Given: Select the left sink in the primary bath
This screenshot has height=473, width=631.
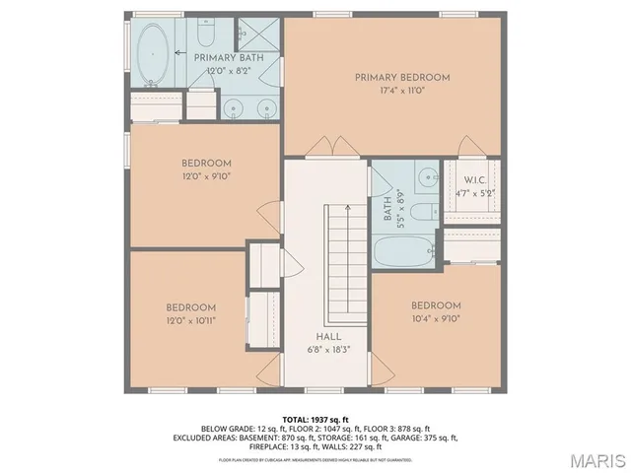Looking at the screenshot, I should [233, 108].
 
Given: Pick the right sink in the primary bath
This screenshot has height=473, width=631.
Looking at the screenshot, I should [264, 108].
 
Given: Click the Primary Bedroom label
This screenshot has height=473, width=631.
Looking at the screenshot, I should [401, 77].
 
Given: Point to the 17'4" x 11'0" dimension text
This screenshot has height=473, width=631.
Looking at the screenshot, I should [401, 90].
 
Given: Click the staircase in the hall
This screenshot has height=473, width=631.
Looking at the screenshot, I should [346, 256].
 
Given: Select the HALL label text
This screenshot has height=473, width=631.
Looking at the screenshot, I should [329, 336].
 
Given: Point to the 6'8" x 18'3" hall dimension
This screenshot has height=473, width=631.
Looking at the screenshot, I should [329, 349].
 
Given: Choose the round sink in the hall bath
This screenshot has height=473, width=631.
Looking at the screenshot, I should [427, 178].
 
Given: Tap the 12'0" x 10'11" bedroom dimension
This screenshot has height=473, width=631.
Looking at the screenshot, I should [190, 319].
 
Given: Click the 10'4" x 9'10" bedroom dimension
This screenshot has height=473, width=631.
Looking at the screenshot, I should [436, 318].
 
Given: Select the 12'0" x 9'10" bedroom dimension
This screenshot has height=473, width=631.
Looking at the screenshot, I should [205, 176].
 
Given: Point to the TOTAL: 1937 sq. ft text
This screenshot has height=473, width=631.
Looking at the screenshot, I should [315, 419].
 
